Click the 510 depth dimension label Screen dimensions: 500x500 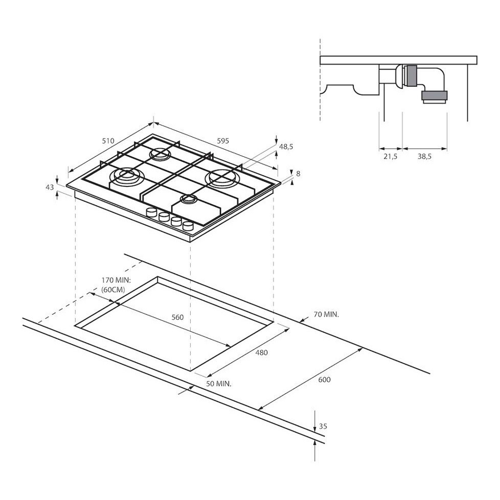click(x=108, y=141)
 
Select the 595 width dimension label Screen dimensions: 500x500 click(x=223, y=141)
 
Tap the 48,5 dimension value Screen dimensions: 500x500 click(x=286, y=147)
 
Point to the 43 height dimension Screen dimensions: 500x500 click(x=49, y=187)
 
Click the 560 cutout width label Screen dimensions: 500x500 click(x=177, y=317)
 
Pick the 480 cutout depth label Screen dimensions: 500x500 click(x=261, y=353)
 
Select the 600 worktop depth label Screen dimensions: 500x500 click(x=324, y=380)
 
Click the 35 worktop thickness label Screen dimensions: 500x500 click(x=323, y=427)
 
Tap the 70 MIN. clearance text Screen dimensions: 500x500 click(x=326, y=314)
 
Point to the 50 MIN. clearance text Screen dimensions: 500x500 click(x=219, y=384)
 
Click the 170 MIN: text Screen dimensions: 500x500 click(x=116, y=280)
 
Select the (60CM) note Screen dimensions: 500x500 click(x=113, y=290)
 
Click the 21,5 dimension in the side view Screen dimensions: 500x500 click(x=390, y=156)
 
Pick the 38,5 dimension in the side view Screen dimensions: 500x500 click(x=425, y=156)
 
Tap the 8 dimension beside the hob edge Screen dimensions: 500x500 click(x=298, y=174)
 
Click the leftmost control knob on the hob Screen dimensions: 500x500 click(x=151, y=212)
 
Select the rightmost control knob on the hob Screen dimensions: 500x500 click(x=188, y=226)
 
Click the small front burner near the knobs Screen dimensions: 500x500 click(x=189, y=200)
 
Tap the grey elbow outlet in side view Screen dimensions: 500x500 click(x=434, y=97)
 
